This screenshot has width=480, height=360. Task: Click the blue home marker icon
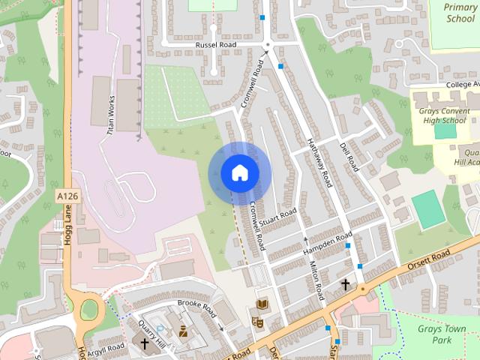click(239, 172)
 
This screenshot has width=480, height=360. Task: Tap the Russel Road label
click(215, 45)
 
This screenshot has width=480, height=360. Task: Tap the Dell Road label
click(349, 157)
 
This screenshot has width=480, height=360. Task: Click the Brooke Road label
click(196, 307)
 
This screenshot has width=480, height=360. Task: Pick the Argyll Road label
click(105, 349)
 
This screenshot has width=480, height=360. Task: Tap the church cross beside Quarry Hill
click(145, 343)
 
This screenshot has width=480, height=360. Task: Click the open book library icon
click(262, 303)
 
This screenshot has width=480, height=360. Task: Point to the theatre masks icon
click(259, 323)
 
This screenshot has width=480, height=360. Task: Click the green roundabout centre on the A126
click(90, 308)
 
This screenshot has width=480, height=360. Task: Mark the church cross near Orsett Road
click(346, 284)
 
